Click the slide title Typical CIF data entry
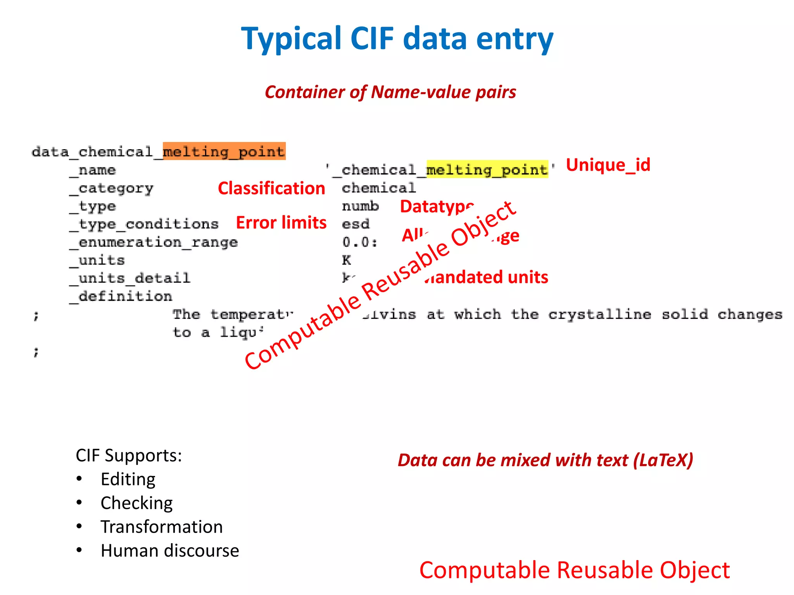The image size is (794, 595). point(397,39)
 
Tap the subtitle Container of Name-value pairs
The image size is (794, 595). point(390,92)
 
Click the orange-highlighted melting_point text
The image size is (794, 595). point(224,151)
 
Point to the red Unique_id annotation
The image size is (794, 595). point(608,165)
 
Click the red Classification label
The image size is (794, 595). point(271,188)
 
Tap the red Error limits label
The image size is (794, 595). point(281,223)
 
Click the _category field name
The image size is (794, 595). point(112,189)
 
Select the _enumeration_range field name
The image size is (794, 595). point(154,242)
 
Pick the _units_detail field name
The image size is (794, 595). point(130,278)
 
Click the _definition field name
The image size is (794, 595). point(121,296)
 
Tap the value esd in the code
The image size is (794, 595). point(356,224)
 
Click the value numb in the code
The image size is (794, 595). point(360,206)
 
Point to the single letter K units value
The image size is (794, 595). point(346,260)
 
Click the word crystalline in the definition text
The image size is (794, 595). point(599,314)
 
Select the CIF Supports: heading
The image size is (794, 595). point(129,456)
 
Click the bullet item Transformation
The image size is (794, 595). point(162,527)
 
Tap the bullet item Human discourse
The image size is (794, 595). point(170,550)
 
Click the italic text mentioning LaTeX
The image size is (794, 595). point(545,460)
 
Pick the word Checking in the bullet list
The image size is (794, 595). point(136,503)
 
